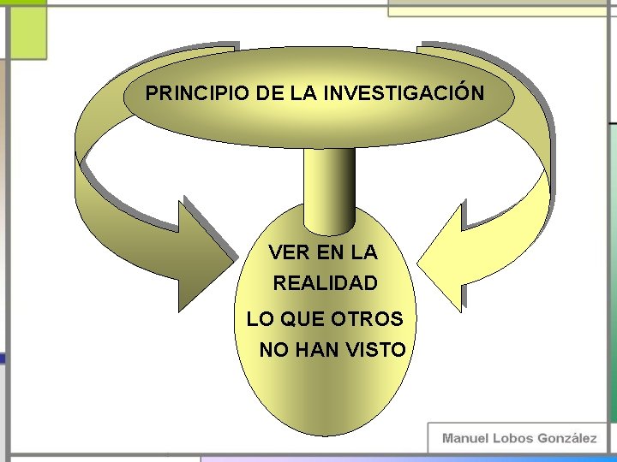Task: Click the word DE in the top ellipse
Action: click(x=270, y=92)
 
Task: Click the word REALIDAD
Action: click(x=326, y=282)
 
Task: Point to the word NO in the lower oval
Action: click(x=274, y=350)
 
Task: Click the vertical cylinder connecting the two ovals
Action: click(x=330, y=184)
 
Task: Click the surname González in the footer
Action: click(x=567, y=438)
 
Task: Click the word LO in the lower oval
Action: click(x=260, y=319)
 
